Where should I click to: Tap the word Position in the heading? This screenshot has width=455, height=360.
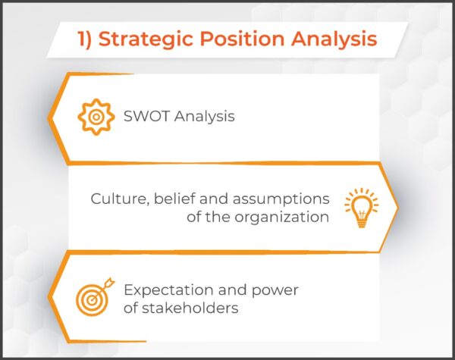point(238,39)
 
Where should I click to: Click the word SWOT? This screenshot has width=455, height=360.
point(147,117)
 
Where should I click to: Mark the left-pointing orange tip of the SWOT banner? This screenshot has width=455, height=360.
point(52,118)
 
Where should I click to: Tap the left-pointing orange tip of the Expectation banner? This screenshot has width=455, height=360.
point(52,298)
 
